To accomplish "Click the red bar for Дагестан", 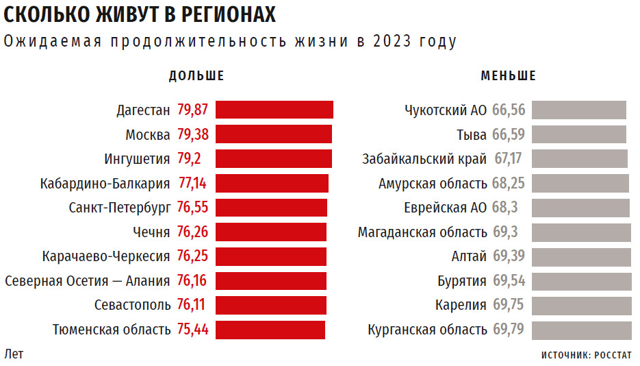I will point(274,110).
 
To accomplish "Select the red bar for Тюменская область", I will point(270,330).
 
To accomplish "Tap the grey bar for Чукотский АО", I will point(579,110).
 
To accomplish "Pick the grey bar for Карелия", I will point(582,305).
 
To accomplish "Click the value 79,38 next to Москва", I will point(192,134).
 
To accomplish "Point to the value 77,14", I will point(192,183).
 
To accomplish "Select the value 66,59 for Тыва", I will point(508,134).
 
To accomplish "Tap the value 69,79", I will point(508,330).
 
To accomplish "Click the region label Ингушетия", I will point(137,159).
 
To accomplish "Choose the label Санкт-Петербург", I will point(119,208).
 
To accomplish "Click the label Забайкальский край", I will point(424,159).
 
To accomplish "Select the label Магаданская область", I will point(422,232).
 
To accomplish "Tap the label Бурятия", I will point(462,281).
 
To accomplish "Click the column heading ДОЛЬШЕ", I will point(196,76).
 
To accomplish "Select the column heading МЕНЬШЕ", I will point(508,76).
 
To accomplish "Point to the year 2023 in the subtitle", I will point(394,41).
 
